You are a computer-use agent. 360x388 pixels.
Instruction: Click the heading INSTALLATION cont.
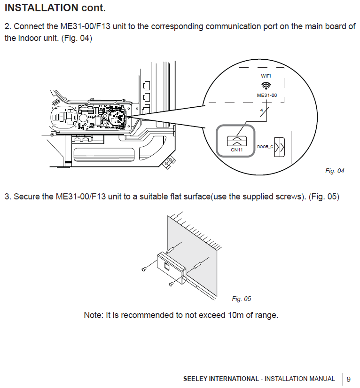tap(55, 8)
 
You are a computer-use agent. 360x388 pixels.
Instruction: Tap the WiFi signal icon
tap(266, 85)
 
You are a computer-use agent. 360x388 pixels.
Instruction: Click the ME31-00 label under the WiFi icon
tap(266, 95)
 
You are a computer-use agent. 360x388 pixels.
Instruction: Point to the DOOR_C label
tap(265, 147)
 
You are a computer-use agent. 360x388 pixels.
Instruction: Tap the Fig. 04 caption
tap(335, 171)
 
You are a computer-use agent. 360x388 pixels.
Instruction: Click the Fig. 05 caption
tap(242, 299)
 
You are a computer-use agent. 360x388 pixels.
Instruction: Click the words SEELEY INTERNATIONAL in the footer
tap(221, 379)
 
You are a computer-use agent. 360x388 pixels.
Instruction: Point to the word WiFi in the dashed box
tap(266, 76)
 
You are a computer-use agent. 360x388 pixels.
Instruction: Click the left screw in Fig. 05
tap(144, 269)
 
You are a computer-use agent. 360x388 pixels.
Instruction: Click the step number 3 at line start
tap(7, 197)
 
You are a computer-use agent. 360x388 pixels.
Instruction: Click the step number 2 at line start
tap(7, 26)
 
